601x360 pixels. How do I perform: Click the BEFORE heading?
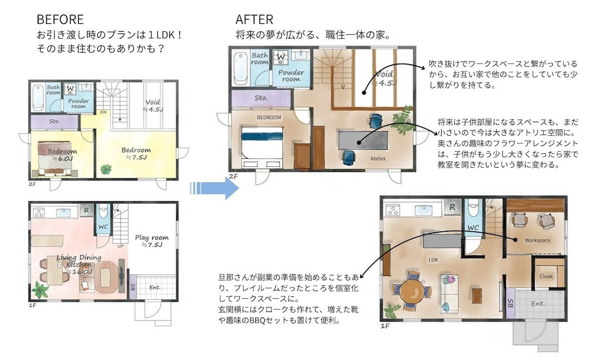[60, 20]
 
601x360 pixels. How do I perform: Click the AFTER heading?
[254, 20]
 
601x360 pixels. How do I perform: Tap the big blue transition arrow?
[214, 188]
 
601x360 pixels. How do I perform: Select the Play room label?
[152, 241]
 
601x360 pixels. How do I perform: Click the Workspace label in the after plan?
[537, 240]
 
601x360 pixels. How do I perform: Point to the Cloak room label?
[546, 276]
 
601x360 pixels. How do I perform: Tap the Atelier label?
[378, 159]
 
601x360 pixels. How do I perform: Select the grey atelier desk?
[363, 140]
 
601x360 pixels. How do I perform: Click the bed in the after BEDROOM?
[262, 147]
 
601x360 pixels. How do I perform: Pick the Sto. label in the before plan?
[55, 121]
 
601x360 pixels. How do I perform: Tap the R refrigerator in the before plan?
[86, 210]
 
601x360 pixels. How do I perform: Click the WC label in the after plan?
[473, 228]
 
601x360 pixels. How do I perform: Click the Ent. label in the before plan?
[155, 287]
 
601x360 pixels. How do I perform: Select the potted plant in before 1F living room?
[40, 290]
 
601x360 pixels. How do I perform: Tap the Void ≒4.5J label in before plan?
[153, 106]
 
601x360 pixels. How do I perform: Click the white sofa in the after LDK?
[449, 294]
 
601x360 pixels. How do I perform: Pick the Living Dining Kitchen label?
[79, 264]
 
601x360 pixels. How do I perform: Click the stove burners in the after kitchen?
[393, 210]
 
